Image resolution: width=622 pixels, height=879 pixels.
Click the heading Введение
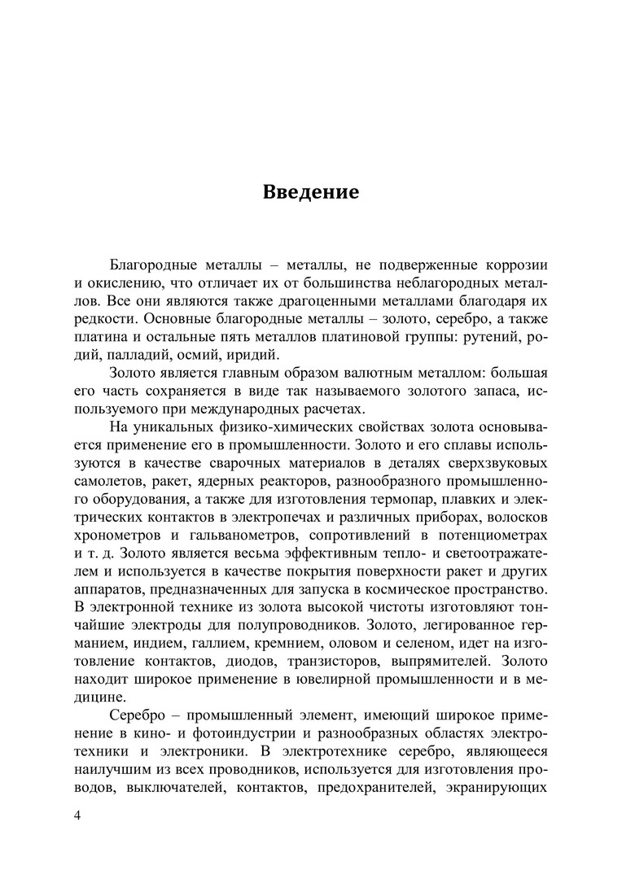pos(310,194)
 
